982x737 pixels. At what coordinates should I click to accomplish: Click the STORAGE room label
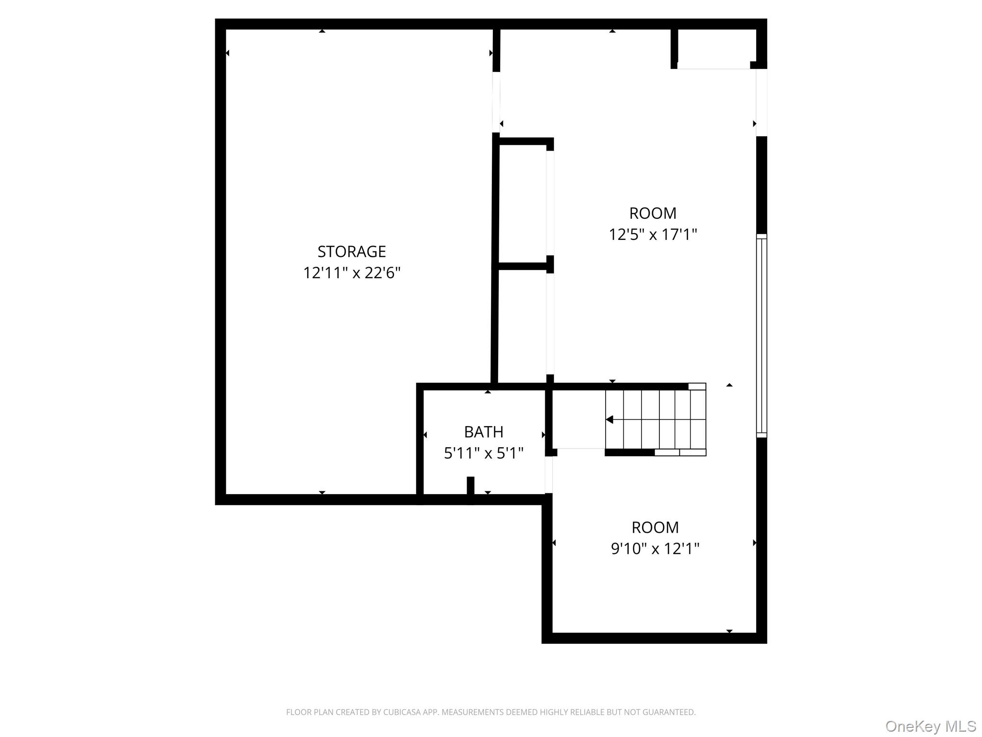[x=351, y=251]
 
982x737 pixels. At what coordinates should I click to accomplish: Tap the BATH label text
[x=483, y=432]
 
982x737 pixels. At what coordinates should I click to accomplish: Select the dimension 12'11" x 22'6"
[x=351, y=273]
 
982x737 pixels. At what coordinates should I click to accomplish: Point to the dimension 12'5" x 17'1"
[x=653, y=235]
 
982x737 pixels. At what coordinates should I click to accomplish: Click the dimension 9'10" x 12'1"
[x=655, y=548]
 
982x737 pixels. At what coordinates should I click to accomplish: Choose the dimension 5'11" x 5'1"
[x=483, y=453]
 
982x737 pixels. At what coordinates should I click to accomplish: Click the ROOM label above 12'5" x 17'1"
[x=653, y=213]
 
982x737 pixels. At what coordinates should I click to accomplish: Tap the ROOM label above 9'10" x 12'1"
[x=655, y=527]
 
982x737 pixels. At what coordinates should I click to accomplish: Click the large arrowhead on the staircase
[x=609, y=420]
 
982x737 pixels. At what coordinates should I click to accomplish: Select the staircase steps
[x=655, y=419]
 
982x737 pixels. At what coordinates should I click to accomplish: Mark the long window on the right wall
[x=761, y=336]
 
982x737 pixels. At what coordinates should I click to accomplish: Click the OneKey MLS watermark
[x=930, y=726]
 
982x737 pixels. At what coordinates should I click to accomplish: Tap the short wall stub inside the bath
[x=470, y=486]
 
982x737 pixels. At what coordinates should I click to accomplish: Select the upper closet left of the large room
[x=523, y=203]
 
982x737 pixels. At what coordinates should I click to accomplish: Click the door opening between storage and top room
[x=496, y=102]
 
